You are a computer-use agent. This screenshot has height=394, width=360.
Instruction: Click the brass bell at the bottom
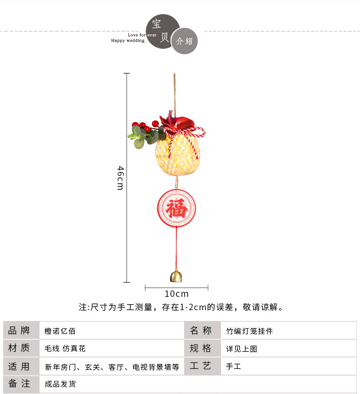click(x=175, y=276)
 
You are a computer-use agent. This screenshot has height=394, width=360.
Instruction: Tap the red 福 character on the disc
click(x=176, y=209)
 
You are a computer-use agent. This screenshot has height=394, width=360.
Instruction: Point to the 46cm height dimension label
click(x=120, y=178)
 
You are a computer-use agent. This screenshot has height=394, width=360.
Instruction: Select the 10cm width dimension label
click(x=176, y=294)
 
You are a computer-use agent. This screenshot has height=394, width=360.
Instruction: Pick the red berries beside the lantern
click(x=144, y=124)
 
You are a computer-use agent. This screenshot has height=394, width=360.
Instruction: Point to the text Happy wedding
click(x=128, y=41)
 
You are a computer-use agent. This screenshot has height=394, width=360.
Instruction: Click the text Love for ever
click(x=142, y=35)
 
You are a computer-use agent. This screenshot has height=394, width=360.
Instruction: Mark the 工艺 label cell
click(x=201, y=366)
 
